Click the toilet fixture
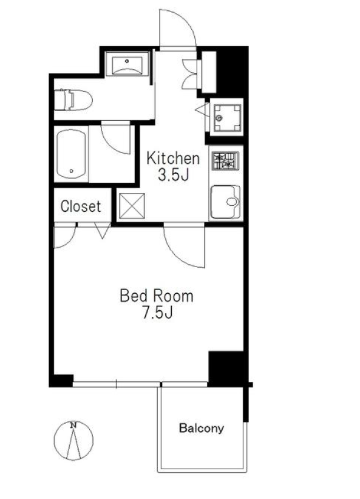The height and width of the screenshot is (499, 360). (73, 100)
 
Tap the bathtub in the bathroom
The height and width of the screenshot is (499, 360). (71, 154)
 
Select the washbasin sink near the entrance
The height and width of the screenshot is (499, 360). (127, 64)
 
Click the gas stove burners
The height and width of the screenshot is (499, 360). (226, 161)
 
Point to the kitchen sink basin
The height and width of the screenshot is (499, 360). (226, 202)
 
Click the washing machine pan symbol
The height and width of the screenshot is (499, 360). (227, 118)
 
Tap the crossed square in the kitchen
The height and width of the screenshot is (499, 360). (132, 206)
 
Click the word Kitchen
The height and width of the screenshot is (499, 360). (173, 158)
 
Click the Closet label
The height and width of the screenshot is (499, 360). (81, 206)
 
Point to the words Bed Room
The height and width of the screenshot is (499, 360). (157, 296)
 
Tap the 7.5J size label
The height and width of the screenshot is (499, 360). (157, 313)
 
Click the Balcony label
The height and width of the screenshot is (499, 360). (202, 428)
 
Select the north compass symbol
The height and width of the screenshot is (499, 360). (73, 441)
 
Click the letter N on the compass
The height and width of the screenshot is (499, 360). (73, 425)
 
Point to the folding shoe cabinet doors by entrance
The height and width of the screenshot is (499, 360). (191, 74)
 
